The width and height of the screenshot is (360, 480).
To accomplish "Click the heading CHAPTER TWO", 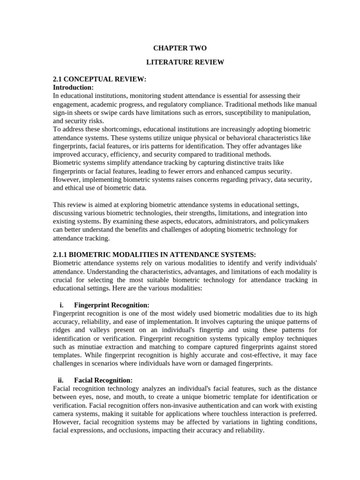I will tap(180, 48).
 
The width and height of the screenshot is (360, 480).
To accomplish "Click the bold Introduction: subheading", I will tap(73, 87).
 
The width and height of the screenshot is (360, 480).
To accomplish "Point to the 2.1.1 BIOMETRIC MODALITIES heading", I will tap(154, 254).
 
